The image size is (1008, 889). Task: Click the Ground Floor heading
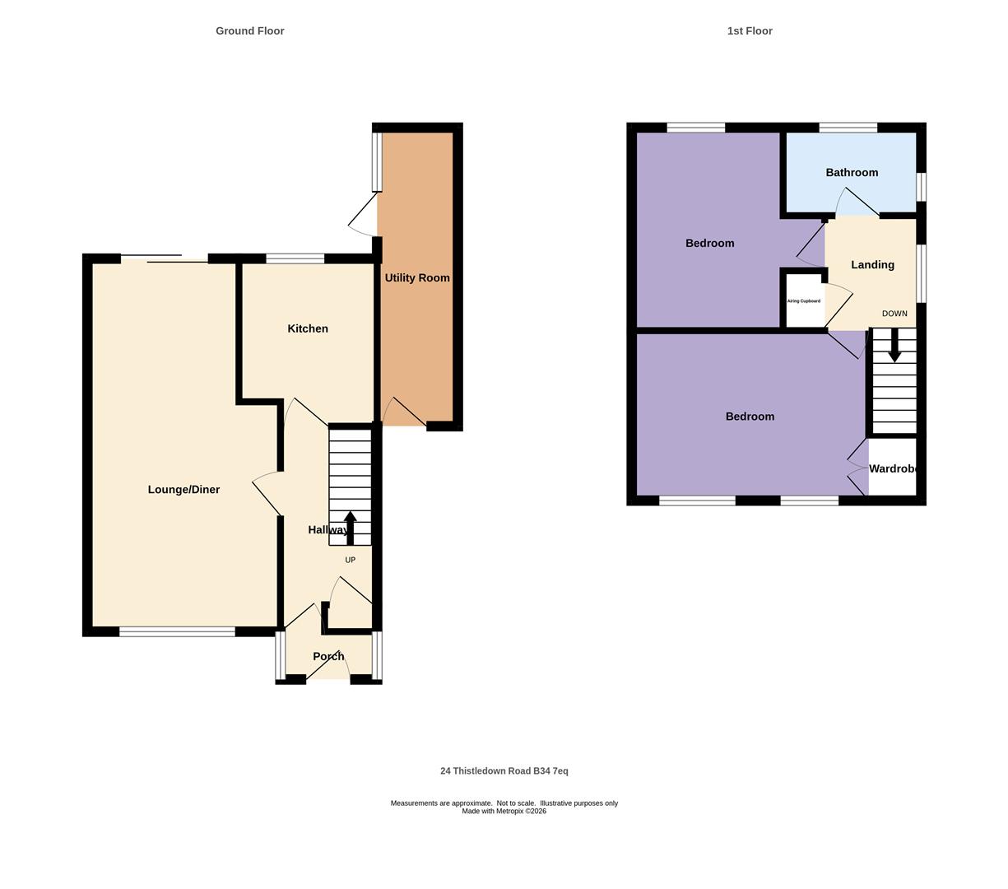tap(249, 31)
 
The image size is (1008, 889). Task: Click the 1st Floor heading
tap(749, 31)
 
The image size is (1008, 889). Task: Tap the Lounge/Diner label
tap(183, 490)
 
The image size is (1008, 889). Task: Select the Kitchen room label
tap(308, 328)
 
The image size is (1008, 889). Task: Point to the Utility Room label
tap(417, 278)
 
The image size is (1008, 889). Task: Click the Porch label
tap(328, 656)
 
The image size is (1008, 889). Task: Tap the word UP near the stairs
tap(350, 560)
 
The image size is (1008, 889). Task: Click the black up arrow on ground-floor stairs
tap(350, 528)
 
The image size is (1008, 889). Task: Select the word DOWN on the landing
tap(894, 314)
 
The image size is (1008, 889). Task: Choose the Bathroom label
tap(852, 173)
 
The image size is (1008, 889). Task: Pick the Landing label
tap(872, 265)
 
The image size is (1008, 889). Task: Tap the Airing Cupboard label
tap(803, 301)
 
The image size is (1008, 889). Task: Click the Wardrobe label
tap(893, 469)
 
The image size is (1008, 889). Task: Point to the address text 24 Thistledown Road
tap(504, 771)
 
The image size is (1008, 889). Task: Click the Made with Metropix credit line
tap(504, 811)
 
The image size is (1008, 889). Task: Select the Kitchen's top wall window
tap(295, 258)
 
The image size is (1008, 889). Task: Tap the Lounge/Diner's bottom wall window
tap(177, 631)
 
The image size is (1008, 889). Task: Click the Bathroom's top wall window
tap(848, 128)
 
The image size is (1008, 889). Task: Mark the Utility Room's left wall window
tap(377, 161)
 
